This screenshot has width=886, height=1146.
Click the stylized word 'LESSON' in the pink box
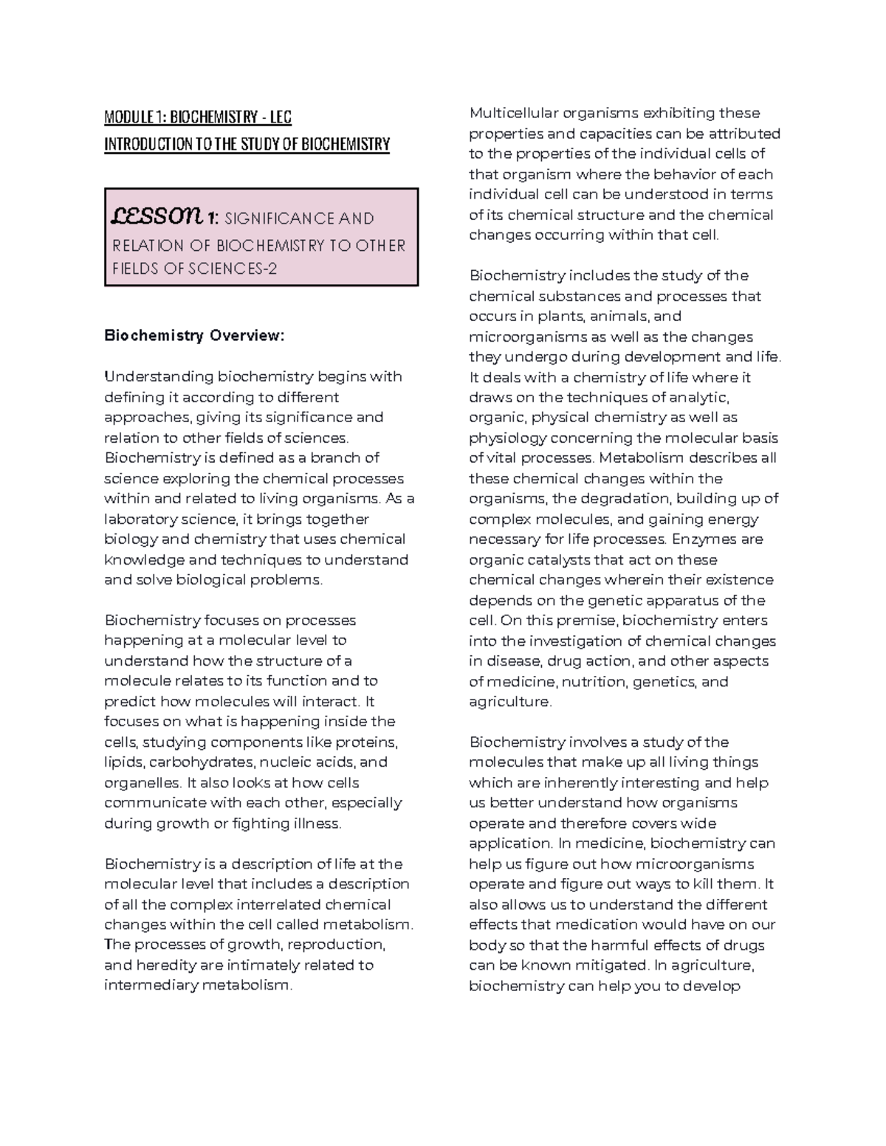154,216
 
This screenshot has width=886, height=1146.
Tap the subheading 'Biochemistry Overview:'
193,336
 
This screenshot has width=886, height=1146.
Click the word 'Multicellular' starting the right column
515,113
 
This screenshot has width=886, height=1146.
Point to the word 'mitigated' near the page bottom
617,965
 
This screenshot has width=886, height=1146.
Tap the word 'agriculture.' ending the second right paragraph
510,702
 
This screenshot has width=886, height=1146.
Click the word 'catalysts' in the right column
535,560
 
